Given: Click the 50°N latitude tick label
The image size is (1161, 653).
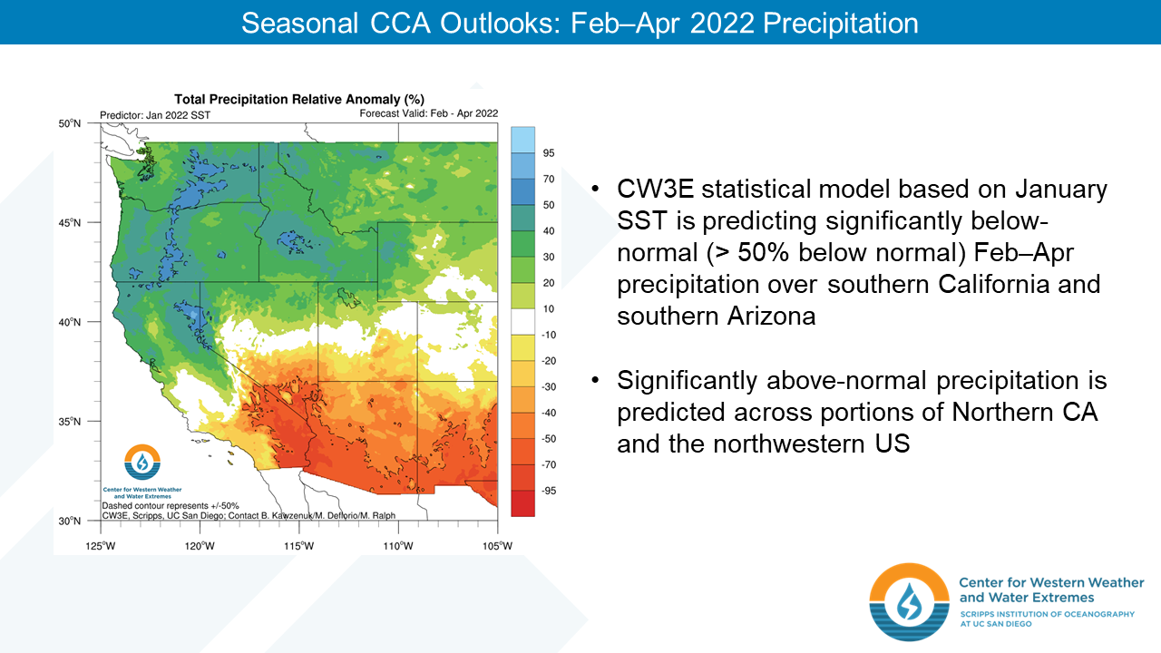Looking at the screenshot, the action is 70,123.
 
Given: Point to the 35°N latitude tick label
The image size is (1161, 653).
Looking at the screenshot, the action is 70,422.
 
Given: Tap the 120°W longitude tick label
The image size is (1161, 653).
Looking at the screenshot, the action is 200,546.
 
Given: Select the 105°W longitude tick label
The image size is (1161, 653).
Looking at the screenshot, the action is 498,546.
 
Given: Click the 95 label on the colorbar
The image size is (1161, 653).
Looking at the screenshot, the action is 549,153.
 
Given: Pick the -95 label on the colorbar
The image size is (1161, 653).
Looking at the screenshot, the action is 549,491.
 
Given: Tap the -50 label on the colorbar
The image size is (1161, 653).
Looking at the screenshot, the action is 549,438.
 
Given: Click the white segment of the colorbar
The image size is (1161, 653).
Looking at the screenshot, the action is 522,322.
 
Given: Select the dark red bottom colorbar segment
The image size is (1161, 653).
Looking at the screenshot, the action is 522,503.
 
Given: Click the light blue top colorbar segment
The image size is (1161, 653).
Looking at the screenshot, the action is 522,140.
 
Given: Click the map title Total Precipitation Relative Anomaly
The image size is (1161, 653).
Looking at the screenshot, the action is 299,99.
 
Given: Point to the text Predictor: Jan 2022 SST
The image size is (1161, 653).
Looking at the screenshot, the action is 155,115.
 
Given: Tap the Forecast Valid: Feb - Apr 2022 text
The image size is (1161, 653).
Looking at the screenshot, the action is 429,113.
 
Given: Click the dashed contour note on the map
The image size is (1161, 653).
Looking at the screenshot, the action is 171,506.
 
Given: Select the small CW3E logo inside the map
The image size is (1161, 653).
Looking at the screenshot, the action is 142,463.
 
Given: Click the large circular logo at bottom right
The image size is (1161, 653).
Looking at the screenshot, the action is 909,602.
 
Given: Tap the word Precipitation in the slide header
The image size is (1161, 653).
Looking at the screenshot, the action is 841,24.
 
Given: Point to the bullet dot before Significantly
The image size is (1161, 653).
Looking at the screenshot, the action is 595,380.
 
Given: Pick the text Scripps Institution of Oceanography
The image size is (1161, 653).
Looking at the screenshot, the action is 1047,614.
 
